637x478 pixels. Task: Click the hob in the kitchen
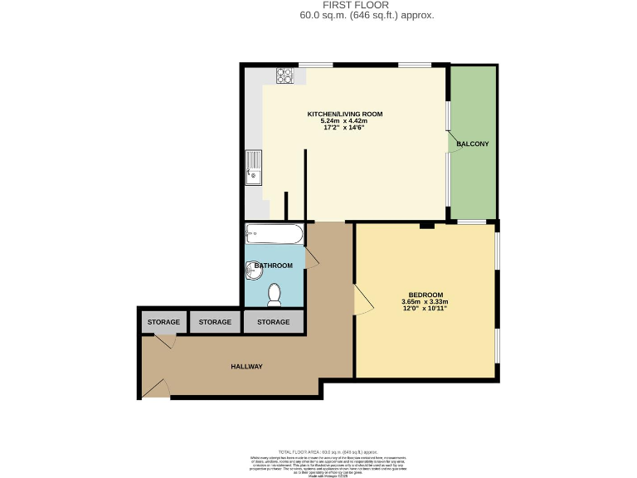pyautogui.click(x=284, y=75)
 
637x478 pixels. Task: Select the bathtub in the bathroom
pyautogui.click(x=275, y=234)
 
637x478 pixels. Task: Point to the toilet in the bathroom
pyautogui.click(x=274, y=294)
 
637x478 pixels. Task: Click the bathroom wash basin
pyautogui.click(x=253, y=269)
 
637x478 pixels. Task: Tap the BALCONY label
pyautogui.click(x=472, y=144)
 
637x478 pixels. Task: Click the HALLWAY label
pyautogui.click(x=246, y=366)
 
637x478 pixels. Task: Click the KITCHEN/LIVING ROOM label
pyautogui.click(x=345, y=114)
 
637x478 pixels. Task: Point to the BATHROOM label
pyautogui.click(x=274, y=266)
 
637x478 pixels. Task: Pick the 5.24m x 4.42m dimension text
pyautogui.click(x=345, y=121)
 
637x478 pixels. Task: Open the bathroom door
pyautogui.click(x=311, y=257)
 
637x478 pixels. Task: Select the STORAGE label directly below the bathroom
pyautogui.click(x=273, y=322)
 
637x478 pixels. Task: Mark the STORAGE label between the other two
pyautogui.click(x=215, y=322)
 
